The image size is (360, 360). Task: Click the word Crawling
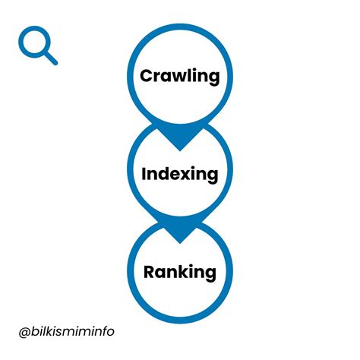click(x=180, y=76)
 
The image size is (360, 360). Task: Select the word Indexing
click(x=180, y=174)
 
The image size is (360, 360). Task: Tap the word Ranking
click(x=180, y=272)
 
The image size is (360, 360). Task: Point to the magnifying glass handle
click(x=51, y=58)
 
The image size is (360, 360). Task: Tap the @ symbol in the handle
click(x=25, y=332)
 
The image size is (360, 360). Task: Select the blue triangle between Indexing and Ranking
click(x=180, y=232)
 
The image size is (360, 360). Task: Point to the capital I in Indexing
click(x=144, y=173)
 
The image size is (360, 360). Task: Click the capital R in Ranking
click(x=150, y=271)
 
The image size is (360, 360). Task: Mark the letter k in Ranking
click(x=182, y=271)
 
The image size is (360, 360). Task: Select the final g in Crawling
click(x=213, y=78)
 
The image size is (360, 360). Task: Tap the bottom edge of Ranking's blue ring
click(x=180, y=320)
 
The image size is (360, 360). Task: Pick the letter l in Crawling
click(x=188, y=75)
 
